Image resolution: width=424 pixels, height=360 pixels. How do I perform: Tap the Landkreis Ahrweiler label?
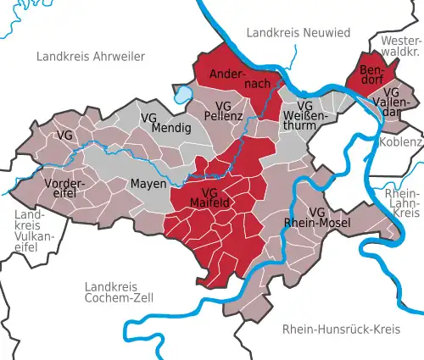(x=91, y=56)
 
